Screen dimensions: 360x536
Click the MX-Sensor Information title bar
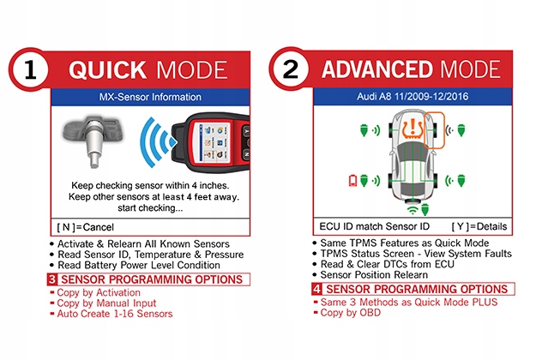(149, 97)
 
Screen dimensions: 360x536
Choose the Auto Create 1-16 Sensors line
(116, 314)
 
